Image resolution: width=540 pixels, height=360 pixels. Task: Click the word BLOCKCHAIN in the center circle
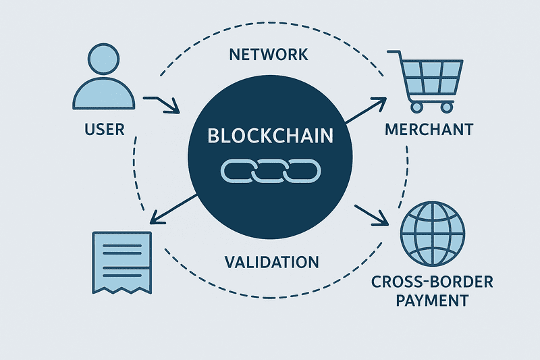[270, 136]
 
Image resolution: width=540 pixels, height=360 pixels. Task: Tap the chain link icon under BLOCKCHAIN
[270, 171]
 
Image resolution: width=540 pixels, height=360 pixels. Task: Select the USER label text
[105, 128]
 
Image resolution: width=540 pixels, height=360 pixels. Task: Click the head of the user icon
[105, 61]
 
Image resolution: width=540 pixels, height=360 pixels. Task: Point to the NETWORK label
[269, 54]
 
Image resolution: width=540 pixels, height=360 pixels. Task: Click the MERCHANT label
[429, 128]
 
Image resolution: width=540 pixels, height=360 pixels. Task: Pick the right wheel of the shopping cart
[446, 106]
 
